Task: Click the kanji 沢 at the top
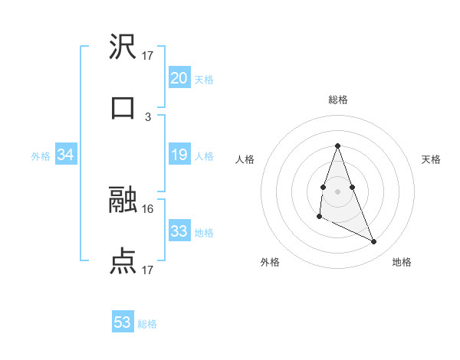pyautogui.click(x=123, y=47)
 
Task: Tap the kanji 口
pyautogui.click(x=123, y=108)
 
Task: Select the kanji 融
pyautogui.click(x=123, y=201)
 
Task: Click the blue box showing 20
pyautogui.click(x=179, y=78)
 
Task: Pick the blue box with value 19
pyautogui.click(x=179, y=155)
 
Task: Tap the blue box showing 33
pyautogui.click(x=179, y=231)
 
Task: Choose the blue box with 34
pyautogui.click(x=65, y=155)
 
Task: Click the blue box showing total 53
pyautogui.click(x=123, y=322)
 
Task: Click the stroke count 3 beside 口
pyautogui.click(x=148, y=117)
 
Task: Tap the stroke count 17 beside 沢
pyautogui.click(x=148, y=56)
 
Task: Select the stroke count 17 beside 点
pyautogui.click(x=148, y=270)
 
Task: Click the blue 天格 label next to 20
pyautogui.click(x=204, y=80)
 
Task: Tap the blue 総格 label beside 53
pyautogui.click(x=148, y=324)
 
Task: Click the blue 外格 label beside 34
pyautogui.click(x=41, y=156)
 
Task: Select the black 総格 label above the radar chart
pyautogui.click(x=338, y=100)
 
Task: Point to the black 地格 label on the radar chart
pyautogui.click(x=402, y=263)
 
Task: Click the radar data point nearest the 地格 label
pyautogui.click(x=374, y=242)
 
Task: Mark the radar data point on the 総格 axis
pyautogui.click(x=337, y=146)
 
